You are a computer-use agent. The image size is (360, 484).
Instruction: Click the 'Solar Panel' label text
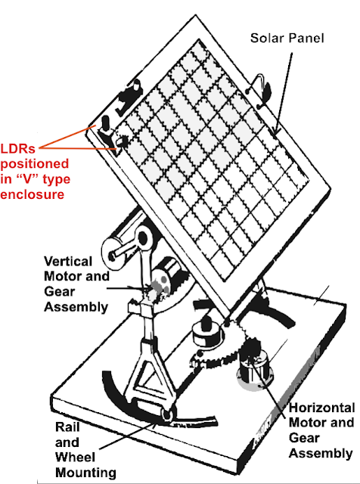(x=287, y=39)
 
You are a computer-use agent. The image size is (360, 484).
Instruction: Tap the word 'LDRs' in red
(x=18, y=149)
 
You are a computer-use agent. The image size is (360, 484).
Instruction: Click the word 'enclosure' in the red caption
(x=32, y=194)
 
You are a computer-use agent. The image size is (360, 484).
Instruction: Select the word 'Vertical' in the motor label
(x=68, y=262)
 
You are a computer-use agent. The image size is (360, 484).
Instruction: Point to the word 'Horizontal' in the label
(x=321, y=408)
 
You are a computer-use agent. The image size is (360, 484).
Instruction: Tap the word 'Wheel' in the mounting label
(x=75, y=457)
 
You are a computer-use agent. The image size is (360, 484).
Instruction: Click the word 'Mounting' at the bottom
(x=85, y=473)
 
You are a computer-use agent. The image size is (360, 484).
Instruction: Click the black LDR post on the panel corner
(x=106, y=123)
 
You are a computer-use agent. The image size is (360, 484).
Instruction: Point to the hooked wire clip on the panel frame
(x=261, y=90)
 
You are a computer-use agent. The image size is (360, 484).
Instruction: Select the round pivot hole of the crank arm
(x=142, y=238)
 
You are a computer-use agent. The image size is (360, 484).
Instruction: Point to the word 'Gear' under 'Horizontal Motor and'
(x=303, y=438)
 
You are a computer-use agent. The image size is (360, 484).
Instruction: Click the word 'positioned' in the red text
(x=35, y=164)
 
